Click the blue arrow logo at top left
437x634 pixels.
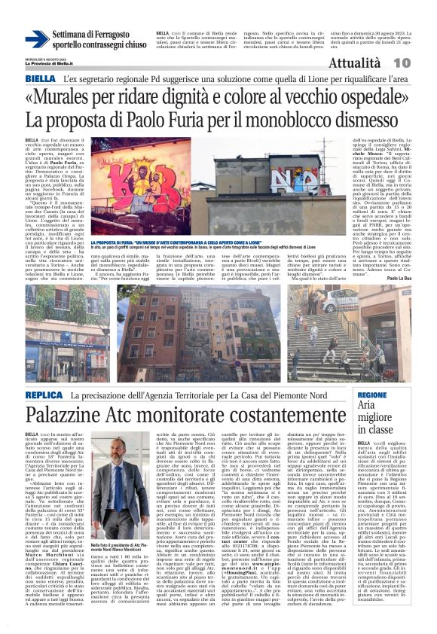tap(37, 38)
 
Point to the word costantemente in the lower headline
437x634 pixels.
tap(286, 416)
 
